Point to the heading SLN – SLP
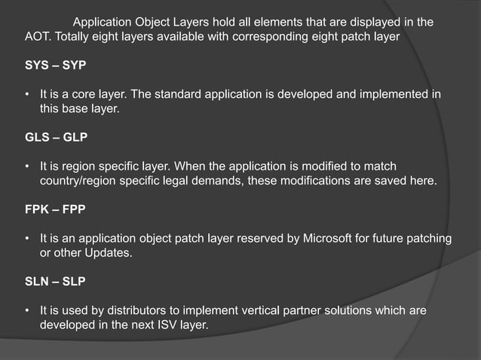tap(55, 282)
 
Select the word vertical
tap(259, 311)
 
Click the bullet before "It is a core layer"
tap(27, 94)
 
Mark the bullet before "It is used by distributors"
tap(27, 312)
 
